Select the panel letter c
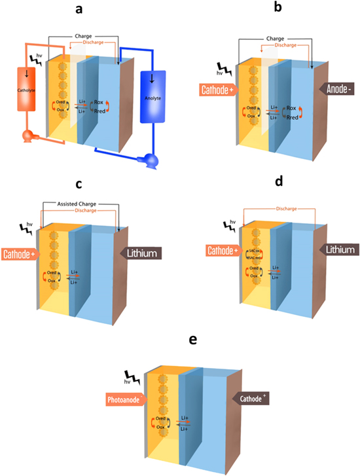[x=81, y=181]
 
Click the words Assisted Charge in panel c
[x=77, y=203]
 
